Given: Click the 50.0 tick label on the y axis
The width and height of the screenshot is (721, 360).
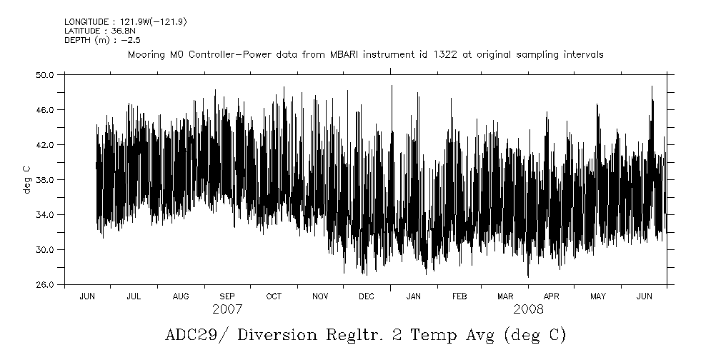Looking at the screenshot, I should tap(46, 74).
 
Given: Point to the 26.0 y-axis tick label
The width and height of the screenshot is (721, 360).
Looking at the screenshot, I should tap(46, 284).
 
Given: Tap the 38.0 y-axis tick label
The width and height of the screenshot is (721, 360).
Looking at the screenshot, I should tap(46, 179).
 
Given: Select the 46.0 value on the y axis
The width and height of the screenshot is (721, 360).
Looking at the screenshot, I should tap(46, 109).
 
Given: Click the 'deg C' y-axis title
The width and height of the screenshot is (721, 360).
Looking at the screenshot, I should tap(26, 179).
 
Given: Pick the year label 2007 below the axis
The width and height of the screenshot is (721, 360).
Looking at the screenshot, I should tap(227, 309).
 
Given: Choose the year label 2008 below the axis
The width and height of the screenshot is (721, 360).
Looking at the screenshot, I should tap(528, 309).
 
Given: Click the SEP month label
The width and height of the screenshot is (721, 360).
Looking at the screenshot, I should tap(227, 296).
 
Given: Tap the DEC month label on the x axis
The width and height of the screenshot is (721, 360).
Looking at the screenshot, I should tap(367, 296).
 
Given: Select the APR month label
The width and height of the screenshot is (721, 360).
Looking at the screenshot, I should tap(552, 296).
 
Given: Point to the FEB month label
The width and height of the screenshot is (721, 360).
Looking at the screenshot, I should tap(459, 296).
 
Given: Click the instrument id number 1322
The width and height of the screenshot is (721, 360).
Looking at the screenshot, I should tap(447, 54).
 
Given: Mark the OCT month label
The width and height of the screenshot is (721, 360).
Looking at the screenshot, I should tap(274, 296).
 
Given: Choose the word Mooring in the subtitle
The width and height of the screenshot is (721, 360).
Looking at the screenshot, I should tap(144, 54).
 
